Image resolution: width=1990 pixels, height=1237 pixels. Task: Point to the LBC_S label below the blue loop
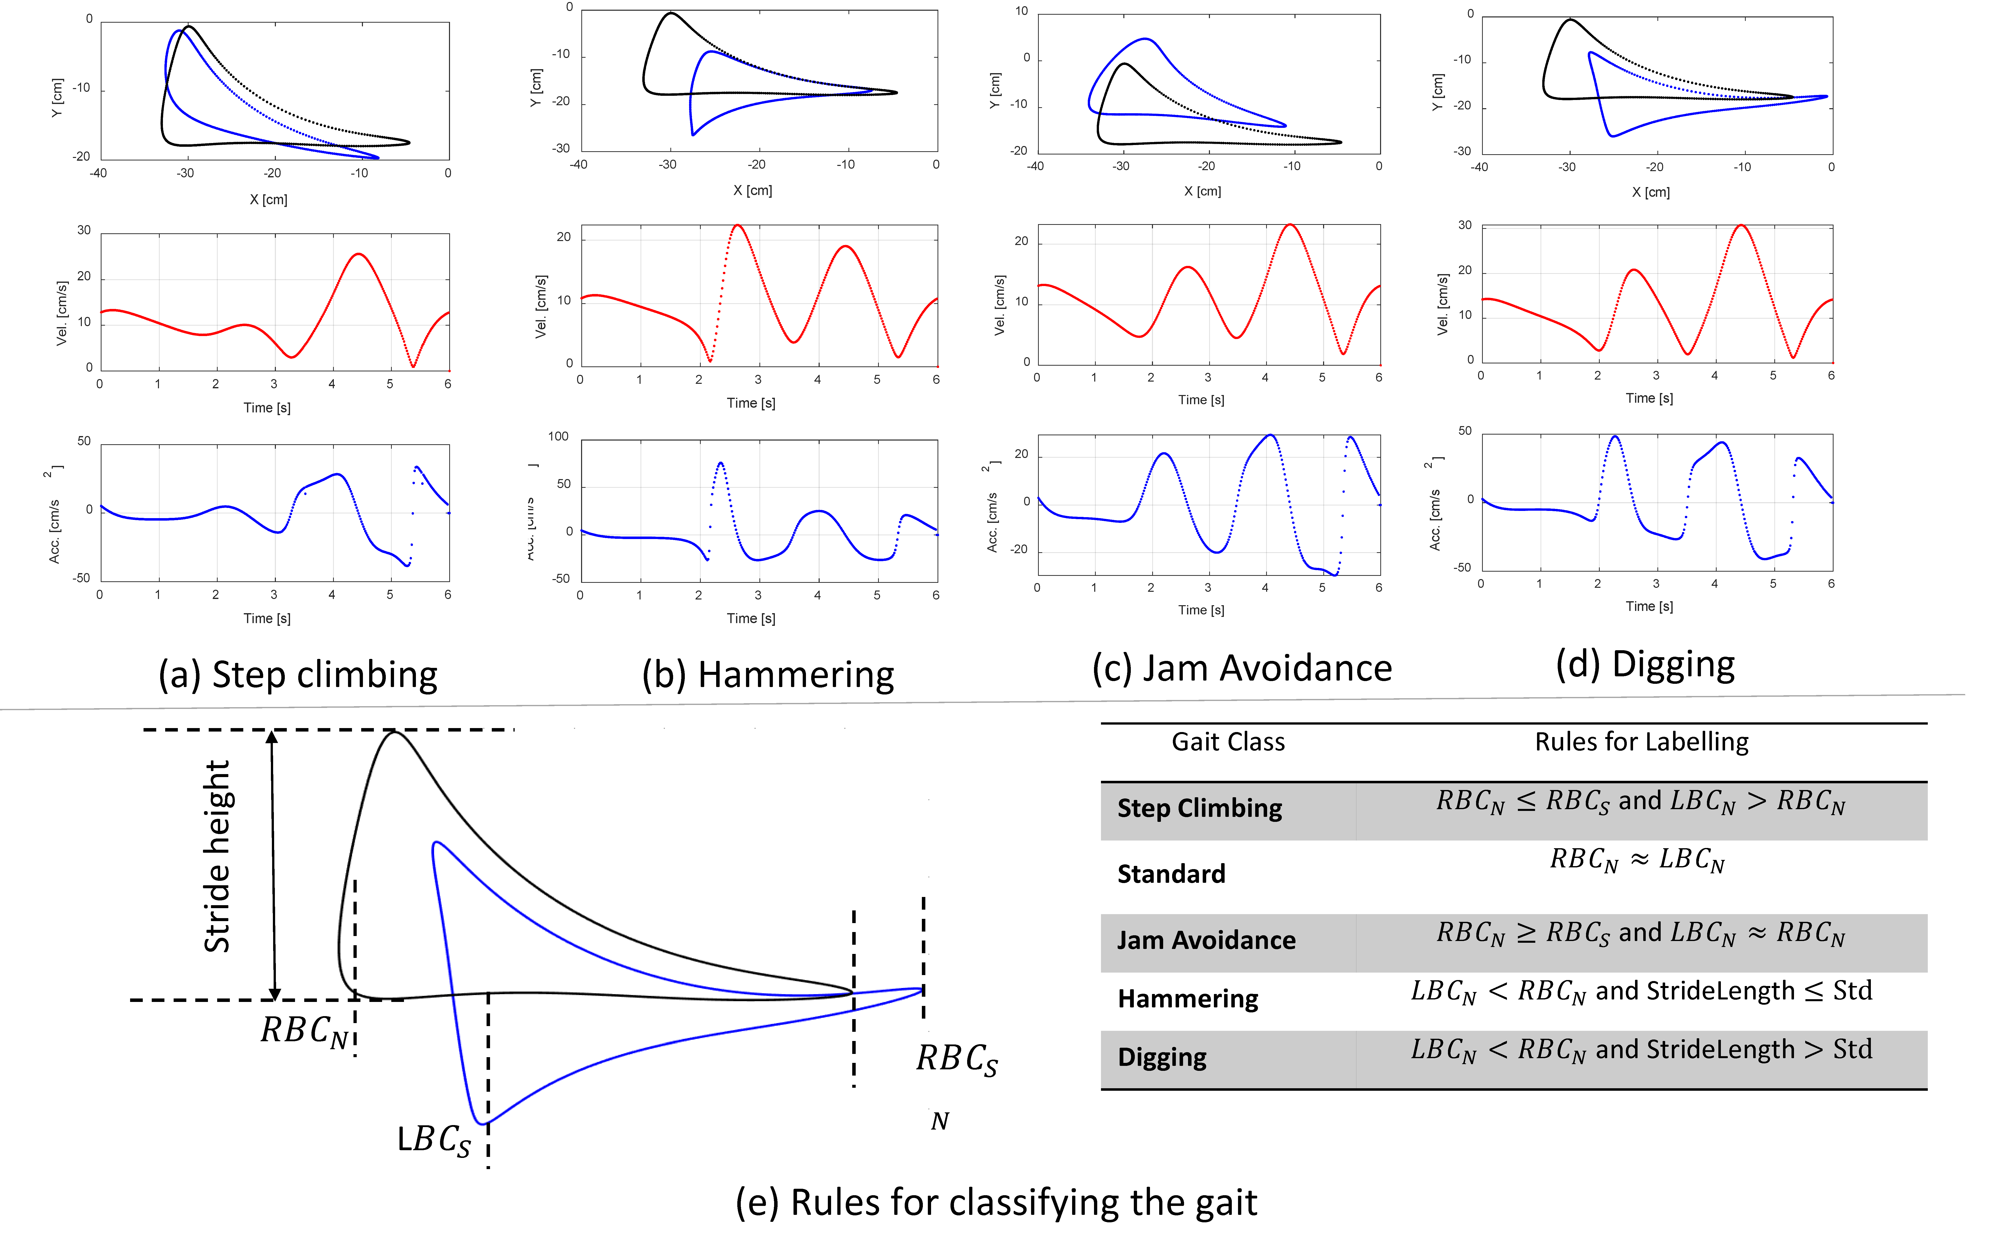coord(434,1140)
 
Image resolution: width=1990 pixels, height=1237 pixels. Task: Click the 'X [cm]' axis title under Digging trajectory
coord(1650,192)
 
